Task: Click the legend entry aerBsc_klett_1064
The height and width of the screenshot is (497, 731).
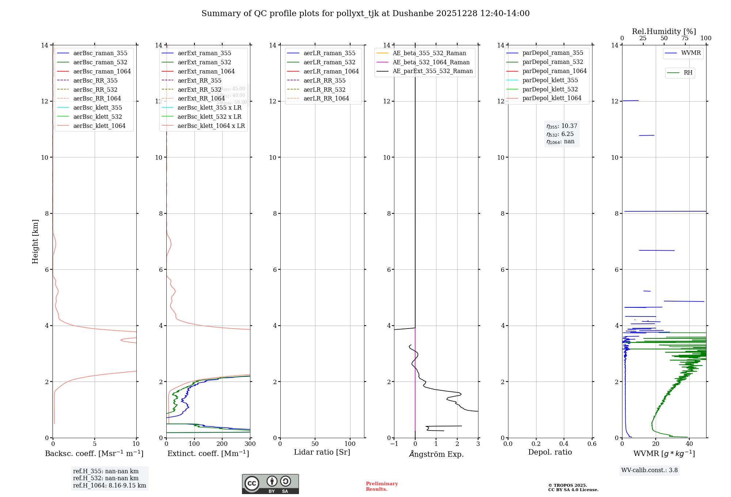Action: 99,126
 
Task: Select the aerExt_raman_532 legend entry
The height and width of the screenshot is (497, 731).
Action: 204,62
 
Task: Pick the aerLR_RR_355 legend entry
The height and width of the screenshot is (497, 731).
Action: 324,80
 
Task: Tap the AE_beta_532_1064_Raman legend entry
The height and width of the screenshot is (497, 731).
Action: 431,62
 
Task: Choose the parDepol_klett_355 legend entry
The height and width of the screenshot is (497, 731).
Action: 550,80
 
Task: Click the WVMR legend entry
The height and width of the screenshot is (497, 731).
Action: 691,53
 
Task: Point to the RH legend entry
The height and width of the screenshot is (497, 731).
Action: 688,73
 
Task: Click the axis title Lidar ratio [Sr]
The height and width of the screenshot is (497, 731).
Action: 322,452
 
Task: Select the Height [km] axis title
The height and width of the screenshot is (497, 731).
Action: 35,242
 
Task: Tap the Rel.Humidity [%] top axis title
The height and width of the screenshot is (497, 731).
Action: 664,31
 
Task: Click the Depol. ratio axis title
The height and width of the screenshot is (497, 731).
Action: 550,452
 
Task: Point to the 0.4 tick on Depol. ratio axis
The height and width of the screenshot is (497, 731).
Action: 564,444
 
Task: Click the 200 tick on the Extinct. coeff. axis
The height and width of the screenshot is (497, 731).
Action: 222,444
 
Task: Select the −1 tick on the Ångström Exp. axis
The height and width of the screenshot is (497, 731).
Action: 394,444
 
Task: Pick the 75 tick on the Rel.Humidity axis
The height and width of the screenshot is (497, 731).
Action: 685,38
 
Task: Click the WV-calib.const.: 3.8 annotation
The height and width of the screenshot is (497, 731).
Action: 649,470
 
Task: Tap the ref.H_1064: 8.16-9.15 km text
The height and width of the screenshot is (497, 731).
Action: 109,486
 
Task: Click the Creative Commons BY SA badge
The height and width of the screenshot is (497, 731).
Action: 270,484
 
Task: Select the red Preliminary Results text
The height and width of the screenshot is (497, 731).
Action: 382,486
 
